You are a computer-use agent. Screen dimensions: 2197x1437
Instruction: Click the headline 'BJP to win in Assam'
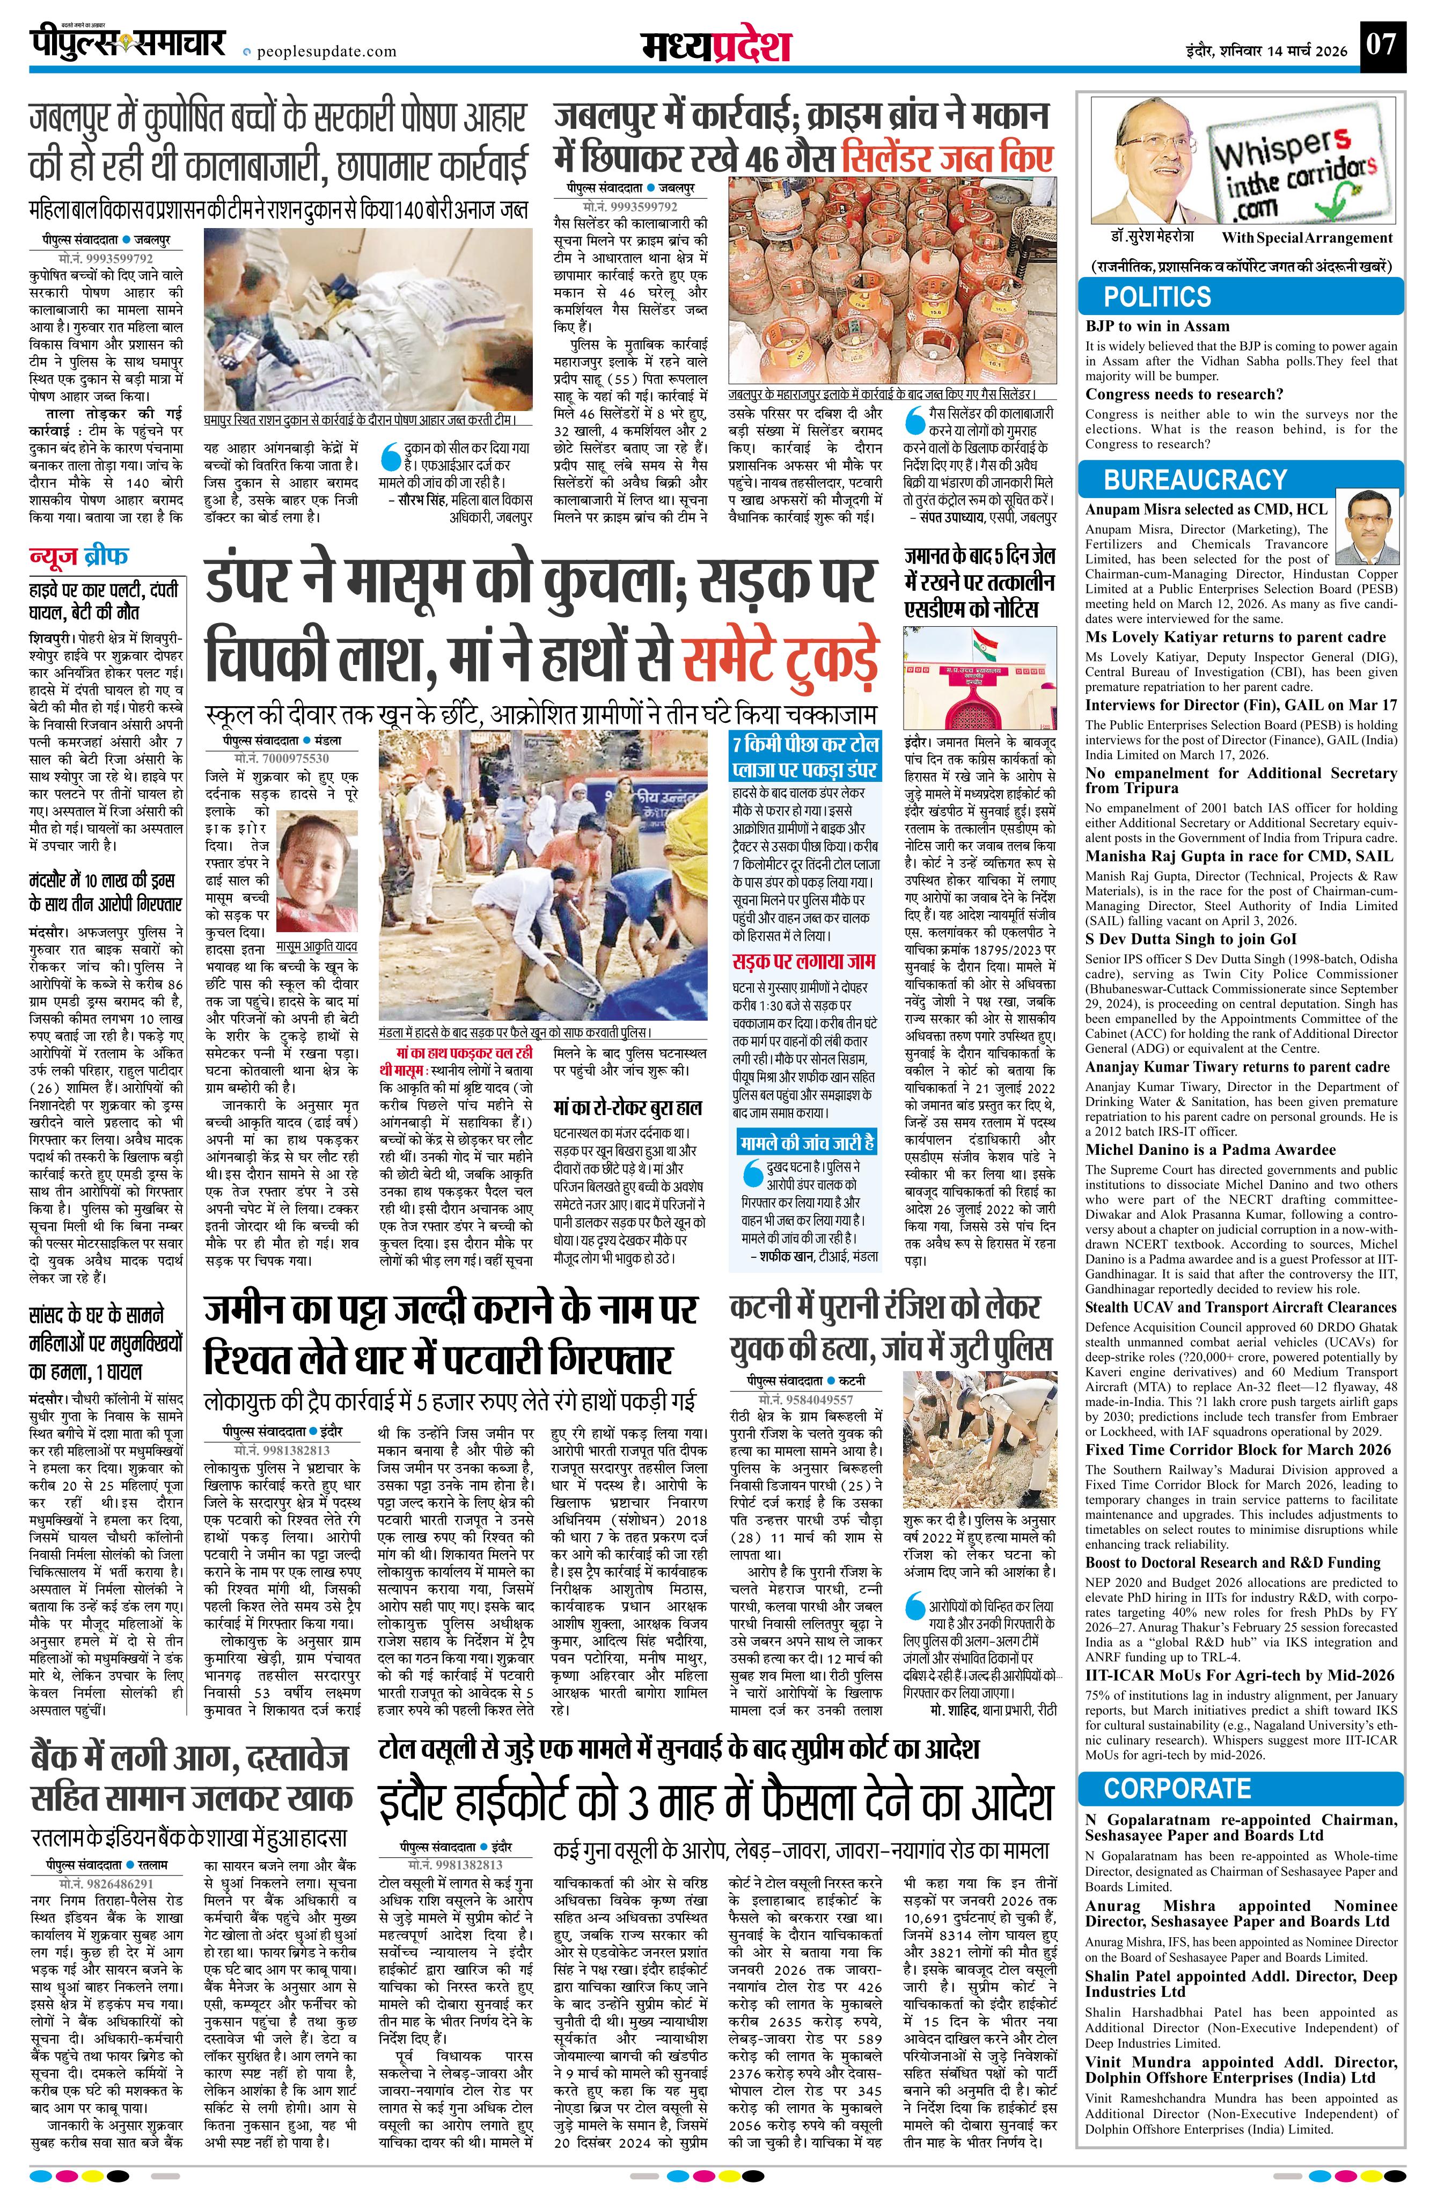click(1157, 326)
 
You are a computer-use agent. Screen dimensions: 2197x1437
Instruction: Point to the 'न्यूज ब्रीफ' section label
click(79, 556)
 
